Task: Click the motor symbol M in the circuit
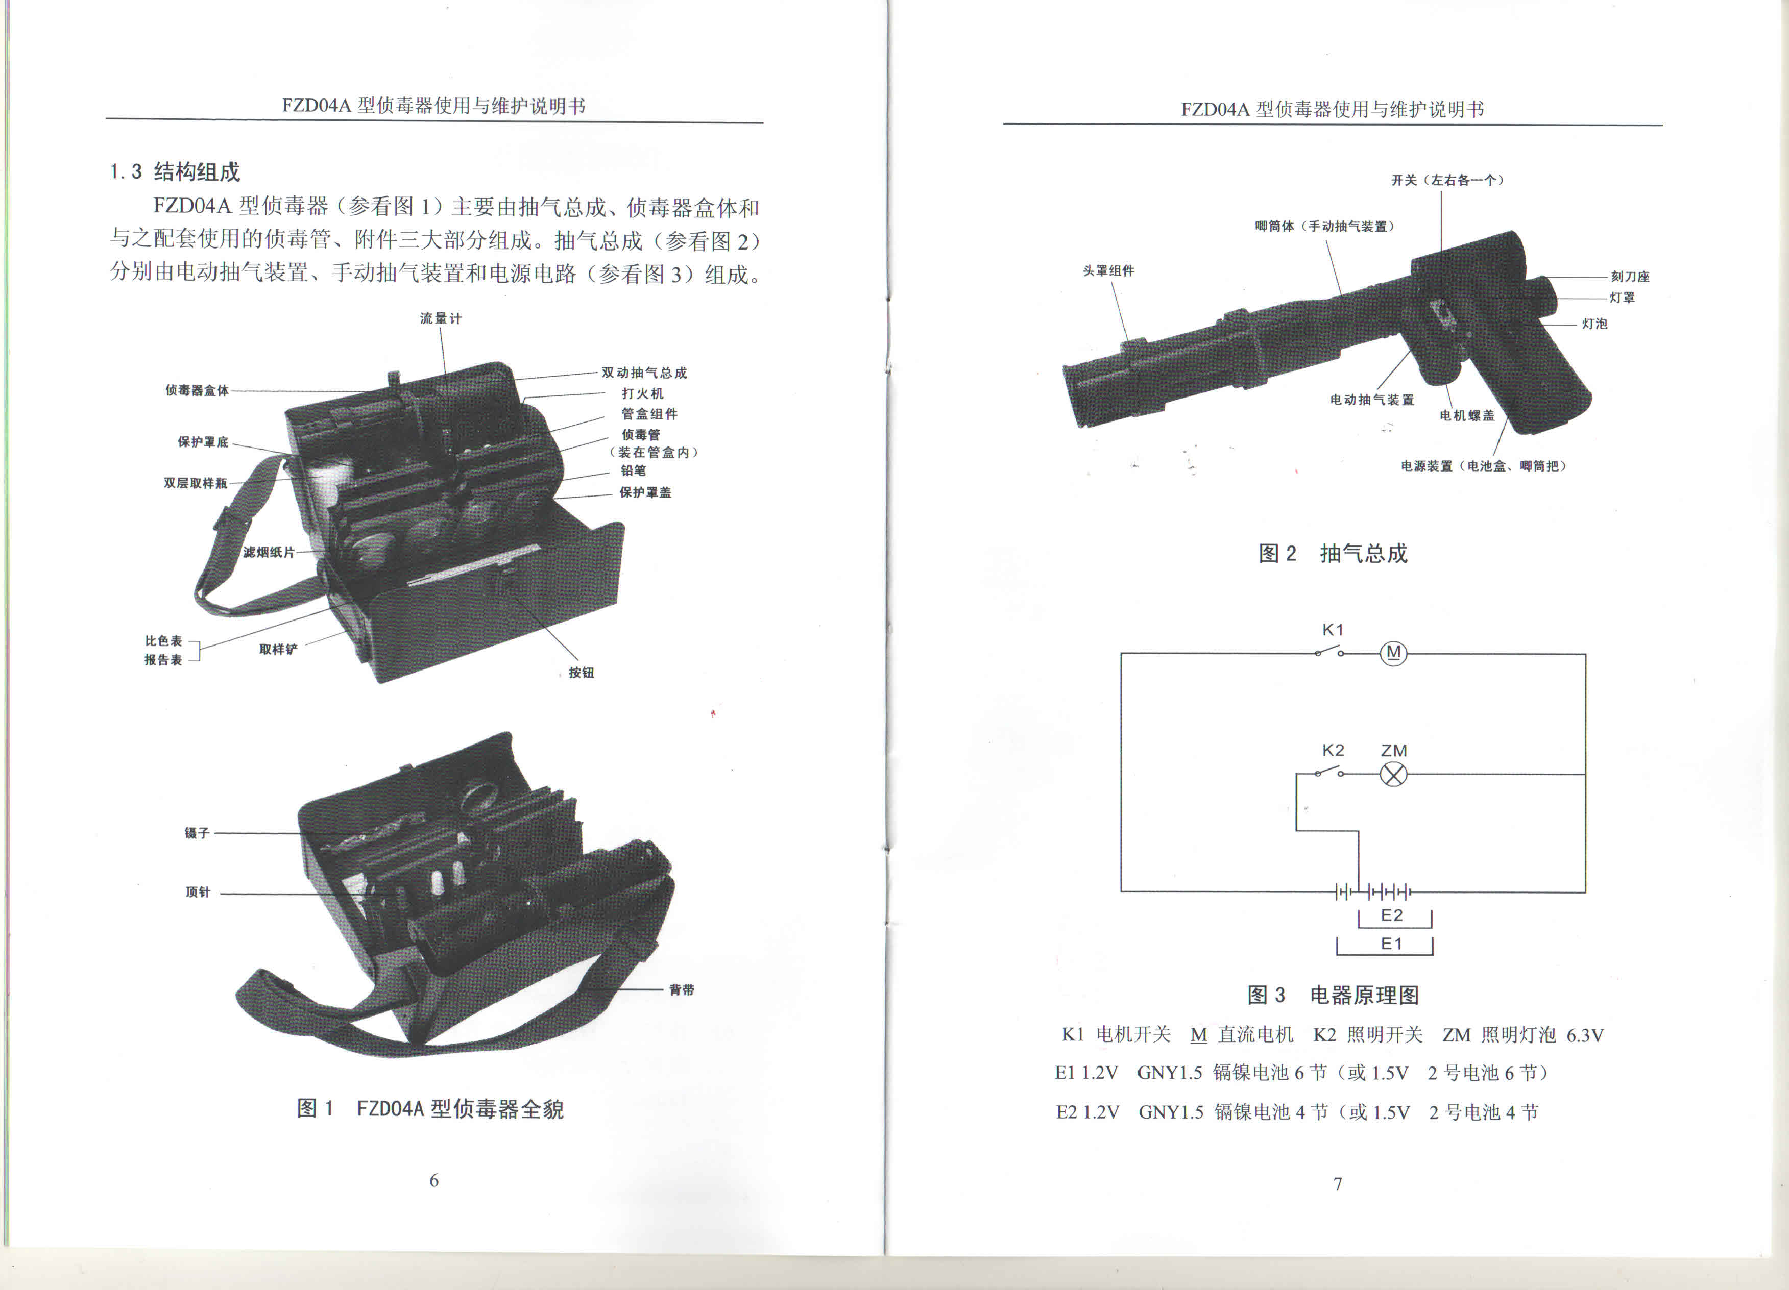1393,653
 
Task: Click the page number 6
434,1180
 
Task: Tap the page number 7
1338,1183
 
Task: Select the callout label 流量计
440,318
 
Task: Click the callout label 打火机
642,393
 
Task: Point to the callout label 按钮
582,673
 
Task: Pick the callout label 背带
682,989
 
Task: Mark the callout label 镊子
197,833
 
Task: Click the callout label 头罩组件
1108,270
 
